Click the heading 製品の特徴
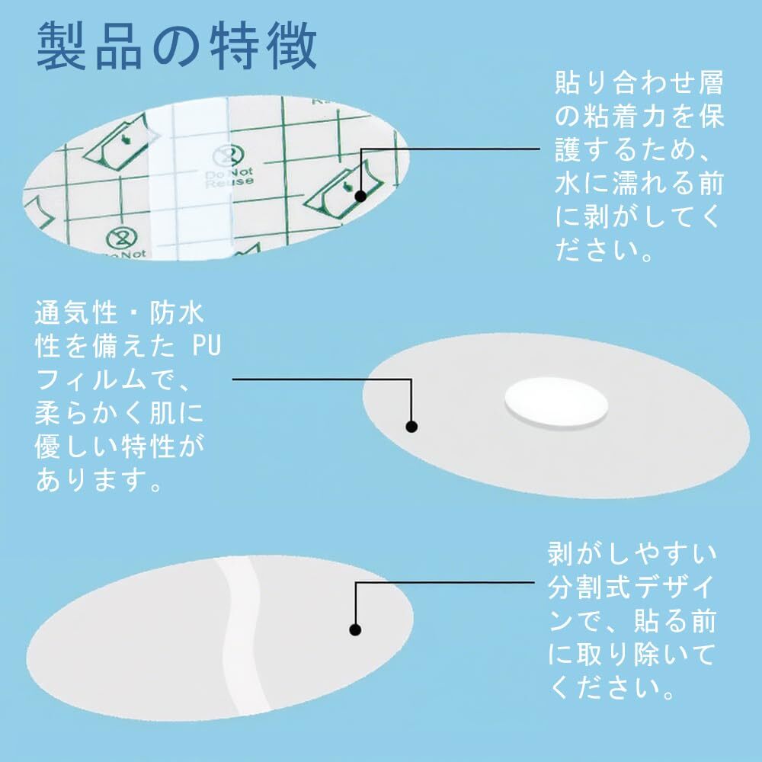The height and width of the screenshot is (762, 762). pyautogui.click(x=177, y=46)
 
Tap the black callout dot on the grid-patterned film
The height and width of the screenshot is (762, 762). pyautogui.click(x=360, y=196)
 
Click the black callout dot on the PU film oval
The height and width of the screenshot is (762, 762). pyautogui.click(x=411, y=427)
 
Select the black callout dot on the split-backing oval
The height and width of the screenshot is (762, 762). pyautogui.click(x=355, y=630)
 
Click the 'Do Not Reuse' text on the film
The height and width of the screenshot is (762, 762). pyautogui.click(x=229, y=177)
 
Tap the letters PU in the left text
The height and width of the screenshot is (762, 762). pyautogui.click(x=207, y=346)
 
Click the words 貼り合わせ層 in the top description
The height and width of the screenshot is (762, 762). pyautogui.click(x=639, y=82)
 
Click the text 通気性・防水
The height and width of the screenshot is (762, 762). pyautogui.click(x=120, y=312)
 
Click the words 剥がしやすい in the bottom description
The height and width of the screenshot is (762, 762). pyautogui.click(x=632, y=554)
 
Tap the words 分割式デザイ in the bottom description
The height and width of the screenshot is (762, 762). pyautogui.click(x=632, y=588)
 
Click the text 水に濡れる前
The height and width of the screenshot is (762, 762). pyautogui.click(x=639, y=183)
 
